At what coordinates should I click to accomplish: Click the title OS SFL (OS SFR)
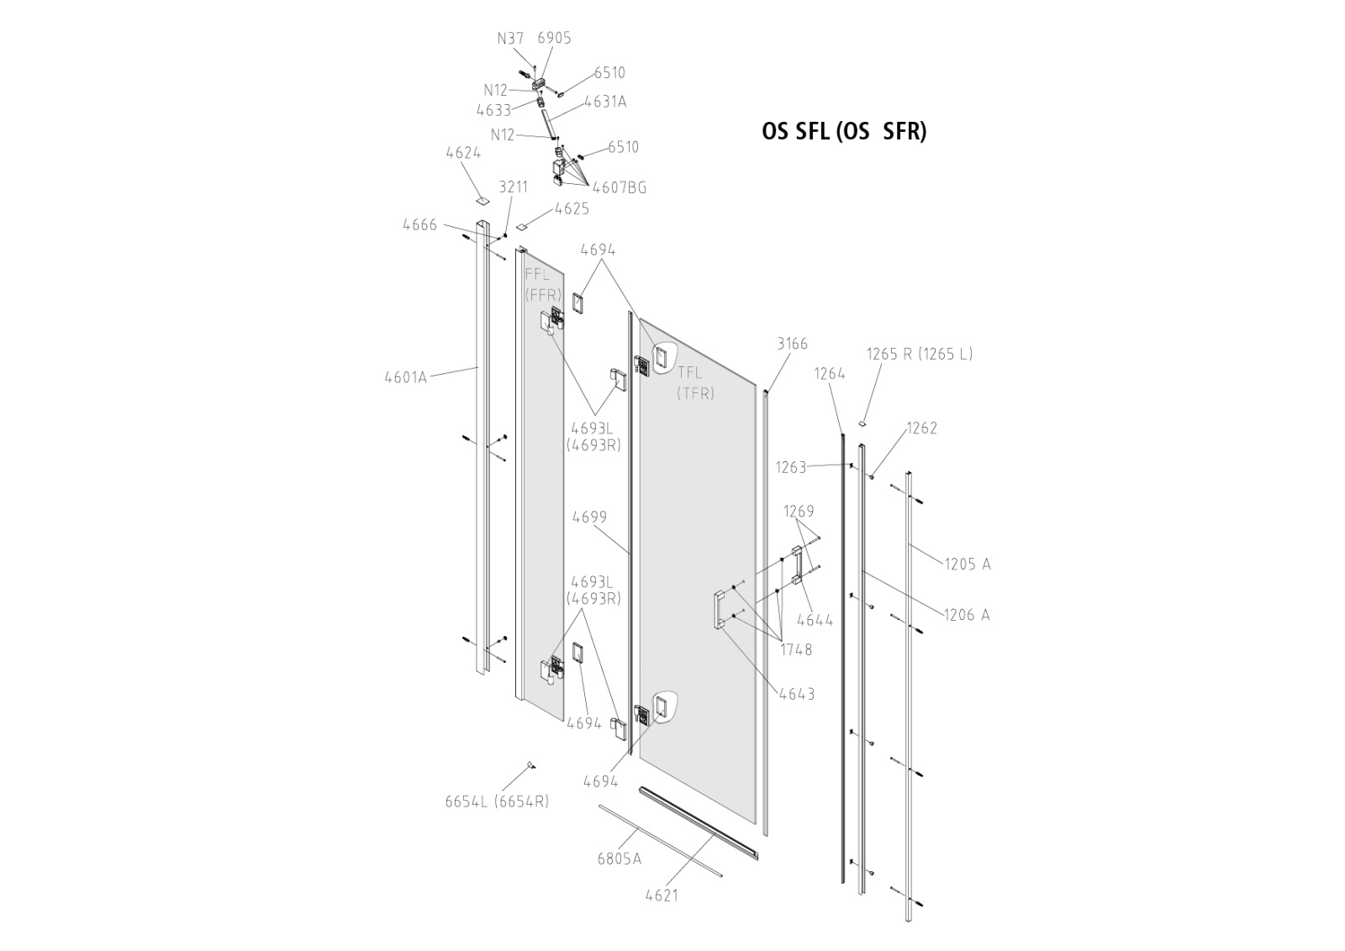click(844, 132)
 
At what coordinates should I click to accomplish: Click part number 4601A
click(405, 377)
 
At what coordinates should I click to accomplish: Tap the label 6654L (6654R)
click(497, 801)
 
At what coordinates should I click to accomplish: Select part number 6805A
click(619, 859)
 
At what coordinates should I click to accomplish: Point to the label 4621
click(662, 896)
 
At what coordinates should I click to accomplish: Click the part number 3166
click(792, 344)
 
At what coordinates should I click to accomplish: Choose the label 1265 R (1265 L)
click(920, 354)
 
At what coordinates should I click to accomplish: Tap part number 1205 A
click(967, 565)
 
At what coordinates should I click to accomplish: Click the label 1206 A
click(967, 615)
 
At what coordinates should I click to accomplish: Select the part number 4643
click(797, 694)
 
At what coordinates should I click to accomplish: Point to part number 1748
click(796, 649)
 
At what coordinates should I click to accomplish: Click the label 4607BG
click(620, 188)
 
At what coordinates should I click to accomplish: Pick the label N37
click(510, 39)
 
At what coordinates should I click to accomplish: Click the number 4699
click(589, 518)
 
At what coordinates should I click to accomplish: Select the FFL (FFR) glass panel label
click(542, 285)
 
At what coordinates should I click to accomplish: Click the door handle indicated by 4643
click(720, 609)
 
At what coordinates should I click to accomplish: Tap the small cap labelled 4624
click(481, 200)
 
